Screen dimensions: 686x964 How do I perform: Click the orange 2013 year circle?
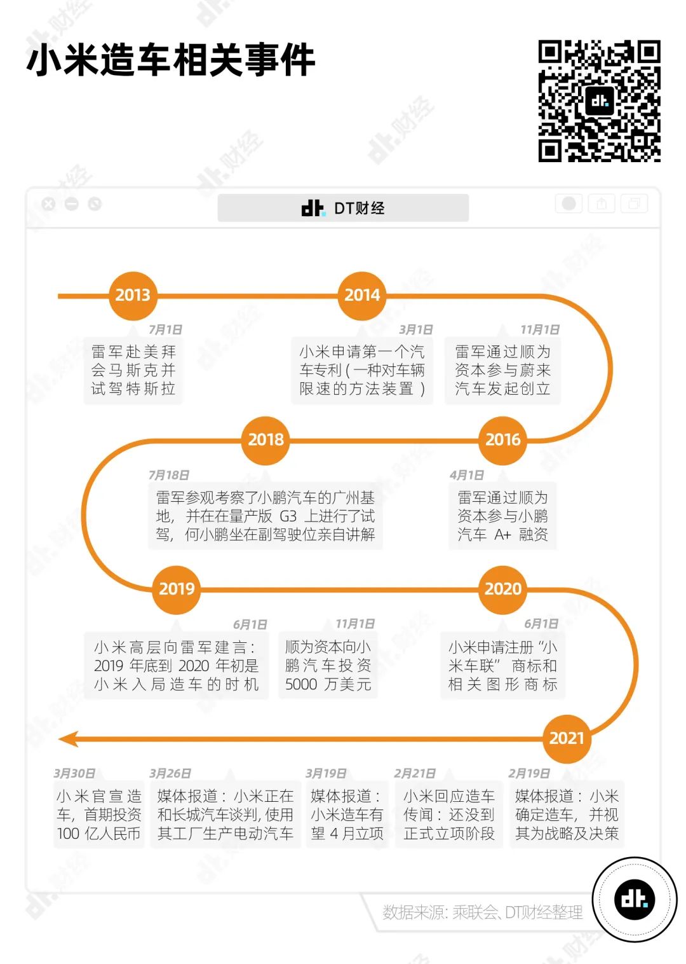132,296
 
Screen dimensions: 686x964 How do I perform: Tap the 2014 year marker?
362,296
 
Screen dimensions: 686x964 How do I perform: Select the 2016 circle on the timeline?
502,440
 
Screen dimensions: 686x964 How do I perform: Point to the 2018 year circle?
266,440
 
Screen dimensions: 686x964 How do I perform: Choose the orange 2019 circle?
176,589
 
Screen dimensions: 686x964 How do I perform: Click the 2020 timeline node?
502,589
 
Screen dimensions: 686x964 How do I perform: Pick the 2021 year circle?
567,739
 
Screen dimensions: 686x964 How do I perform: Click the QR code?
599,101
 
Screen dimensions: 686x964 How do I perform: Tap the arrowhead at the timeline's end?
69,739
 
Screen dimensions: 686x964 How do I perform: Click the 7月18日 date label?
169,475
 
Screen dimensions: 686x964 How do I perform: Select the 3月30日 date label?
74,773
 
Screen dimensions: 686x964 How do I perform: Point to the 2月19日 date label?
529,773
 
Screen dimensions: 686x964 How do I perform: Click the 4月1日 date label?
467,475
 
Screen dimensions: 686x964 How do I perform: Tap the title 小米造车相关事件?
171,60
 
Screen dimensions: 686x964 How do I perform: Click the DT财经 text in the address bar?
360,209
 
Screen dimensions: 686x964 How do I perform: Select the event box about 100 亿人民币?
99,815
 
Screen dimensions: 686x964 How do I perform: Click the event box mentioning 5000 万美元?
328,665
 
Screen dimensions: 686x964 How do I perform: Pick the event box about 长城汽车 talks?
225,815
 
